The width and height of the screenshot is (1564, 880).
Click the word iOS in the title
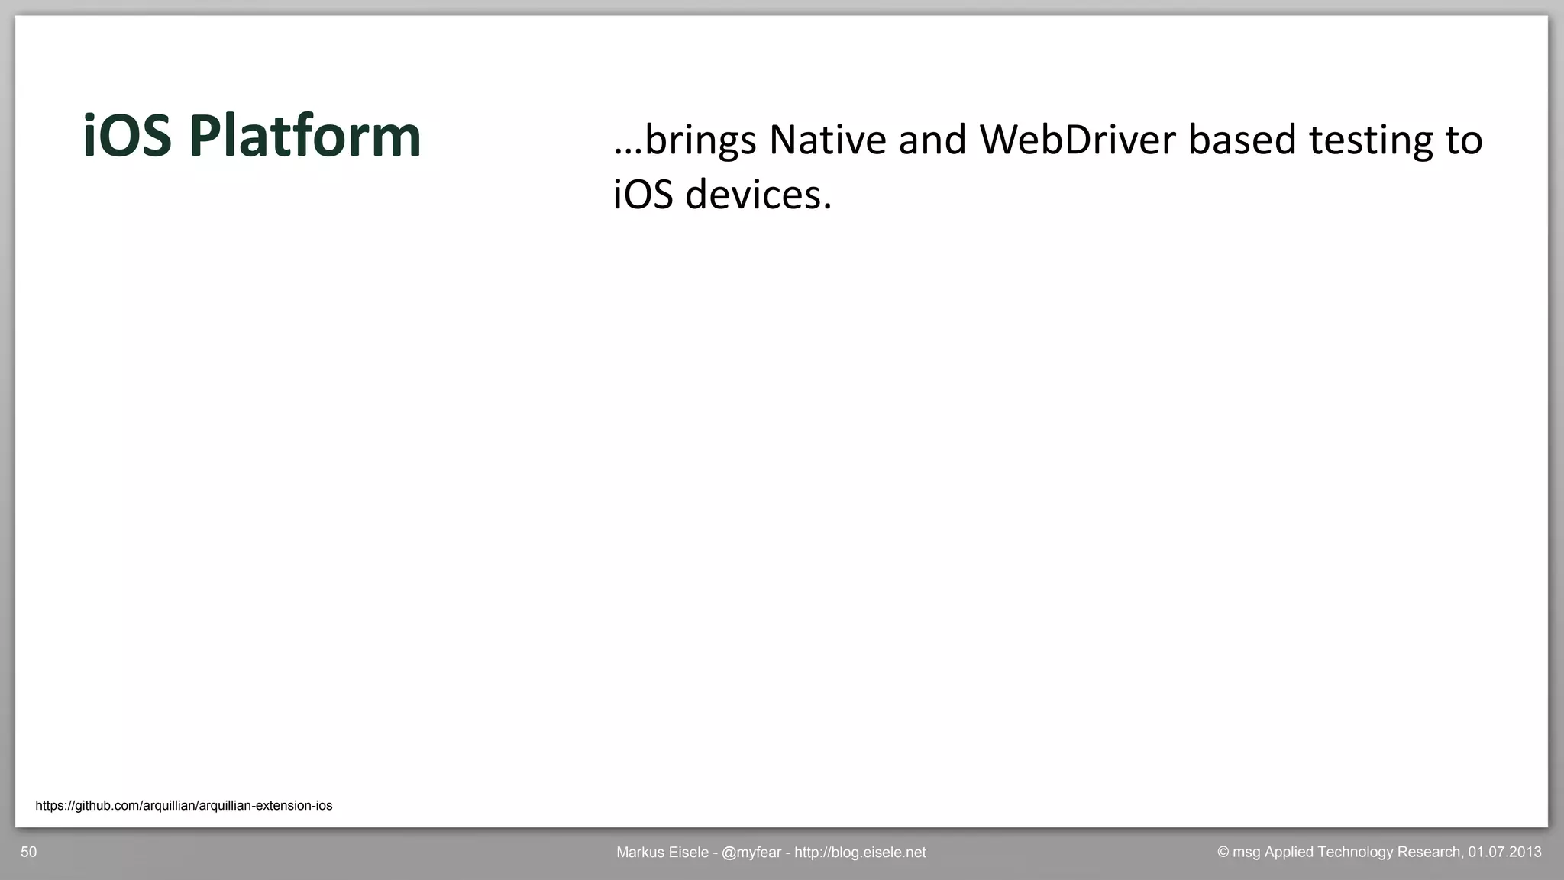pos(127,137)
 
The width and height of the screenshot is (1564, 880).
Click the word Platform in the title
pos(305,137)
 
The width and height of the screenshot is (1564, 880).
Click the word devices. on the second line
pos(758,195)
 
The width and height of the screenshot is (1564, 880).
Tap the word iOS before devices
pos(643,195)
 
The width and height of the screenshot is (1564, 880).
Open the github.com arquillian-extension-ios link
pos(184,806)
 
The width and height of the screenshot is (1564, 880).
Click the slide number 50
pos(28,853)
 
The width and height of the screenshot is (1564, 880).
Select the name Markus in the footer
pos(640,853)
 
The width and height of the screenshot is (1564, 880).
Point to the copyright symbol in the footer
pos(1223,853)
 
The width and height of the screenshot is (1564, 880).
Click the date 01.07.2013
pos(1504,853)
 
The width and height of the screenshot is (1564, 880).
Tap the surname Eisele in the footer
pos(689,853)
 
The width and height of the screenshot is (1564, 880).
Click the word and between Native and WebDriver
pos(932,140)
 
